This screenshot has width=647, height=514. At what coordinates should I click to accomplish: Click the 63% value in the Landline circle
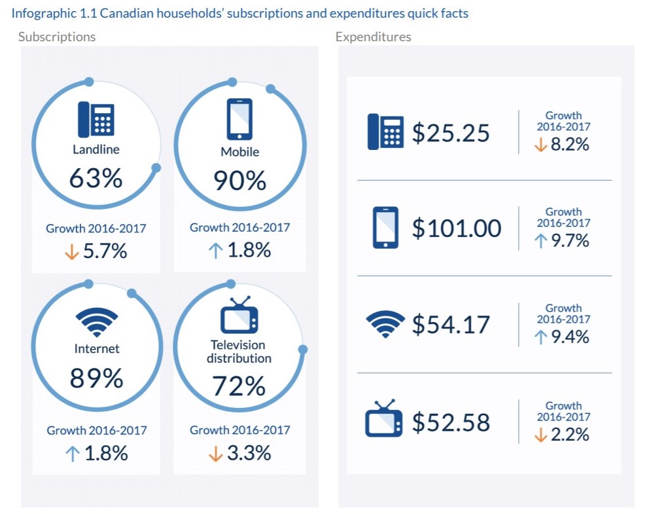point(96,177)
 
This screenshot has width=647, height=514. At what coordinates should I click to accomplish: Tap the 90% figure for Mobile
point(239,181)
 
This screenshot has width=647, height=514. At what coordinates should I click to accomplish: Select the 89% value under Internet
point(96,378)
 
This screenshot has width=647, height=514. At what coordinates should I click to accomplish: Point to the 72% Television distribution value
point(239,386)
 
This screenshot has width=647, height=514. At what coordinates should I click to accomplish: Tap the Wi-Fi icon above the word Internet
point(97,321)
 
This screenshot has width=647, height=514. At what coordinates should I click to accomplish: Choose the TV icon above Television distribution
point(239,316)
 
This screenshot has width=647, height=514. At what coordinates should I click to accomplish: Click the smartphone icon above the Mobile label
point(239,119)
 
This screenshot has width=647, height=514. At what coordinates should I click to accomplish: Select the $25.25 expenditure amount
point(451,133)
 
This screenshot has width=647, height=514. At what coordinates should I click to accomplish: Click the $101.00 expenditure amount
point(457,229)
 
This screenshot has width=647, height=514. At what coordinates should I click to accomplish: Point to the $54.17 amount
point(451,324)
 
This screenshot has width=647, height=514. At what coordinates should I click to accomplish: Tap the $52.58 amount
point(451,422)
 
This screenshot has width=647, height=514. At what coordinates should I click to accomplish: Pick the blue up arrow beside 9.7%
point(540,241)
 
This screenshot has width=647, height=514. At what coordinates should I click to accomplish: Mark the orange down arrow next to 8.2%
point(540,145)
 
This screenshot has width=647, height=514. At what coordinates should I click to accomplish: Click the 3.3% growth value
point(249,453)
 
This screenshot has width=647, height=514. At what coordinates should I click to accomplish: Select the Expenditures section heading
point(373,37)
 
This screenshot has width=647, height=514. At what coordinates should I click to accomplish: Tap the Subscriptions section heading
point(57,37)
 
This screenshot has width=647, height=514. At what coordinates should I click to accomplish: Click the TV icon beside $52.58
point(384,419)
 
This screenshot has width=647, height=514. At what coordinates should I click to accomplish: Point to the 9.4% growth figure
point(570,337)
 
